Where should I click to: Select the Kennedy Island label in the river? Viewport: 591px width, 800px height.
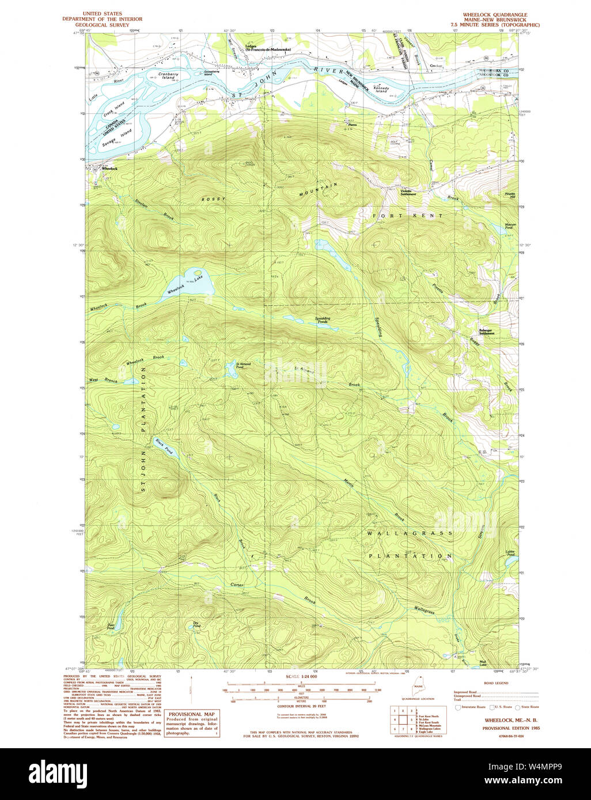tap(382, 90)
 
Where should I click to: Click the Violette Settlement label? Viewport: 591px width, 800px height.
tap(408, 193)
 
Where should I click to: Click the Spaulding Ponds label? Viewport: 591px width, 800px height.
tap(323, 320)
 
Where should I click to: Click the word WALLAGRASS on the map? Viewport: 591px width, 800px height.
tap(410, 534)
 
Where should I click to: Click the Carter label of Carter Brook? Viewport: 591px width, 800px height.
tap(237, 585)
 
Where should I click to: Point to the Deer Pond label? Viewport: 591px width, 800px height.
tap(111, 627)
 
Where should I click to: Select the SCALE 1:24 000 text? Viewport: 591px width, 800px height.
tap(301, 676)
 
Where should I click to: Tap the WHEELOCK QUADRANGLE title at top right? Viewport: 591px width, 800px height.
tap(495, 14)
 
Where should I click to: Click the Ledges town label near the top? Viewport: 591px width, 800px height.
tap(251, 47)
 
